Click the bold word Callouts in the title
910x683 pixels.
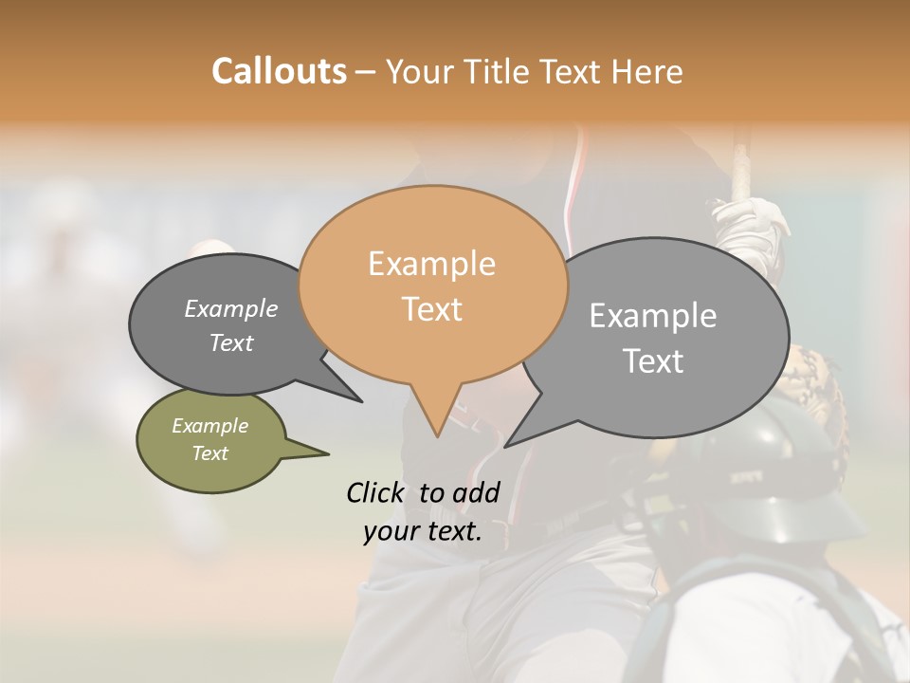279,71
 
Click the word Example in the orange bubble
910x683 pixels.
431,264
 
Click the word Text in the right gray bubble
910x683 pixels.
653,360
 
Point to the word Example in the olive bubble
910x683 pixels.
209,426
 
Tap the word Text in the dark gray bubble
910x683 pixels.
231,342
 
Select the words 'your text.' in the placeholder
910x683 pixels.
423,531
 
